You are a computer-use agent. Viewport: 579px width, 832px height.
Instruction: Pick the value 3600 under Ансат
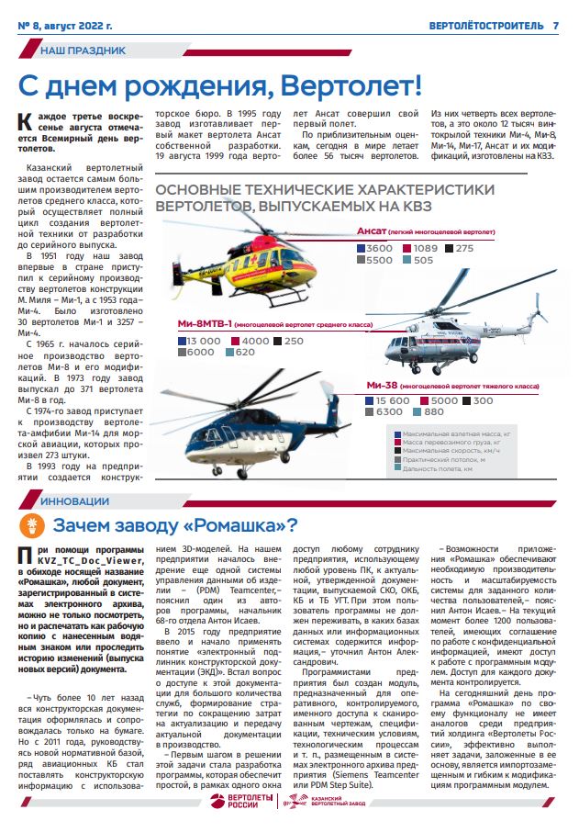click(x=378, y=249)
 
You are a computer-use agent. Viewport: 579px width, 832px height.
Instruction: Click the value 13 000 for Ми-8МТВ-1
click(x=204, y=341)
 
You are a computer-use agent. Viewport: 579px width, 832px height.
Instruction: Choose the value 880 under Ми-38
click(x=434, y=412)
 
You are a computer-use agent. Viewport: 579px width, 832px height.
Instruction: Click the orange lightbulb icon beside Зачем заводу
click(x=34, y=526)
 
